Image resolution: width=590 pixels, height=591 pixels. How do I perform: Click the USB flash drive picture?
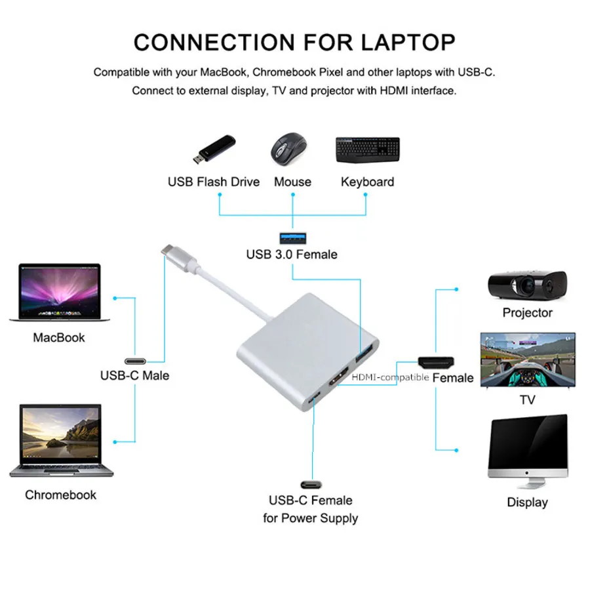click(x=214, y=149)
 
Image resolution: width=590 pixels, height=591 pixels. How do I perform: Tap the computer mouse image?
click(x=288, y=149)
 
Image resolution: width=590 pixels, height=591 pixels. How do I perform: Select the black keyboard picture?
click(x=368, y=150)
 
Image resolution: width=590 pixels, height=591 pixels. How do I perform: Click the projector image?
click(x=528, y=285)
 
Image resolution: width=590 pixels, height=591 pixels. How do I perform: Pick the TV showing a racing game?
click(x=528, y=360)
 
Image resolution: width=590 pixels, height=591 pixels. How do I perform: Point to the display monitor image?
click(x=528, y=451)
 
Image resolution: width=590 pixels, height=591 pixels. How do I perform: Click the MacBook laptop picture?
click(x=60, y=293)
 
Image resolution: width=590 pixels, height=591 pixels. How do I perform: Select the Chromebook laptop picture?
click(x=61, y=441)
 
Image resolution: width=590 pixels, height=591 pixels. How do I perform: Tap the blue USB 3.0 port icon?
click(x=293, y=238)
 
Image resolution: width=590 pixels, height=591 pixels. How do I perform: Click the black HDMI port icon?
click(x=436, y=362)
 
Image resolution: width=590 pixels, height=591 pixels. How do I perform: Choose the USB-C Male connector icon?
click(x=135, y=361)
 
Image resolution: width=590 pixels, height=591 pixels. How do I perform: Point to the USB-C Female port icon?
click(x=311, y=485)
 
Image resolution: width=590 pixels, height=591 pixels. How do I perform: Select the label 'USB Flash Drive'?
click(x=214, y=182)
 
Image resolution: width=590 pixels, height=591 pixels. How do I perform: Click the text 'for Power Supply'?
click(x=311, y=518)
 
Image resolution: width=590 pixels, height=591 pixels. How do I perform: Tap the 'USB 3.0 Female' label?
click(x=292, y=255)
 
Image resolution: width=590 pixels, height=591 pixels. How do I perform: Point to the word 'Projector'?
click(x=528, y=313)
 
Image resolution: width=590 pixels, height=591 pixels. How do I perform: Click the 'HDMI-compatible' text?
click(x=390, y=377)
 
